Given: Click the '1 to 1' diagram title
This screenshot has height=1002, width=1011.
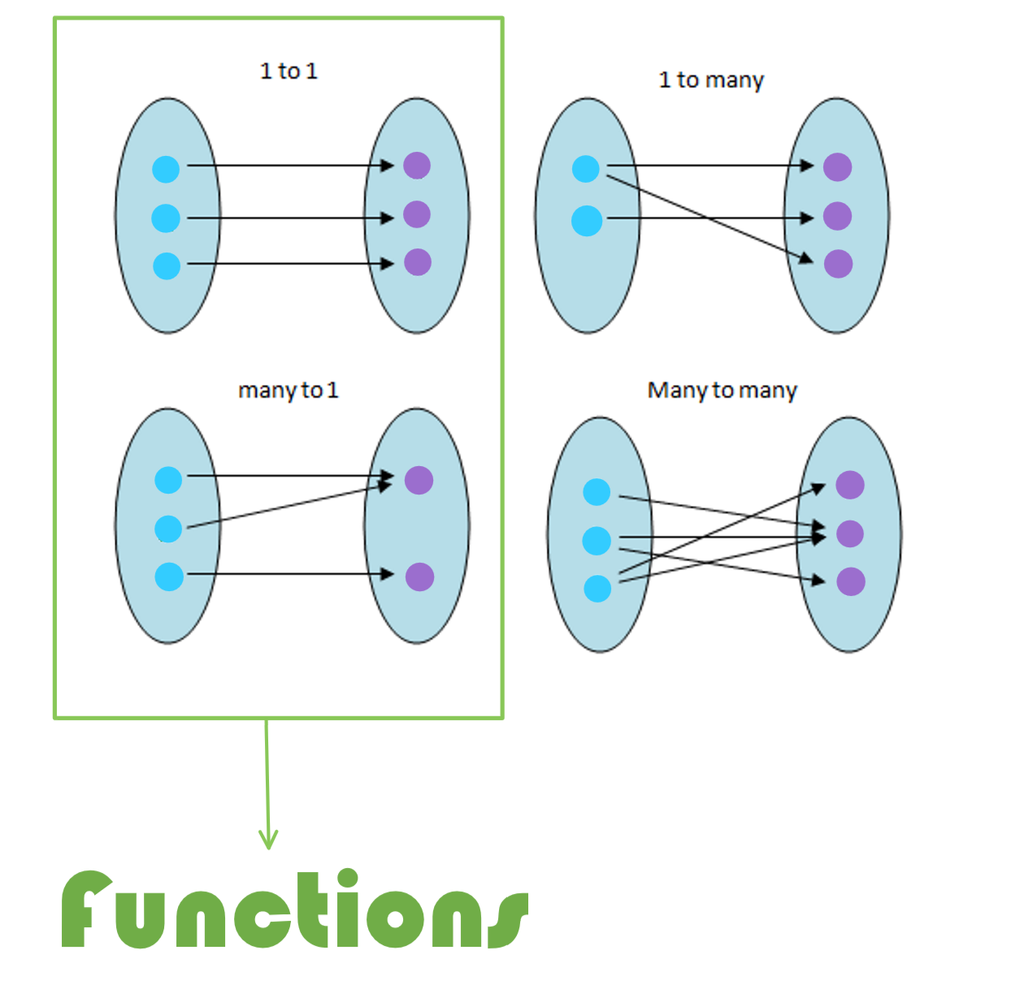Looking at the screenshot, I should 289,71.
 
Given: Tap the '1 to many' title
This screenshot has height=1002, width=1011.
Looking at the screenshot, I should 711,80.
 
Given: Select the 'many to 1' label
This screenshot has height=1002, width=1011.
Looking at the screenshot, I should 288,391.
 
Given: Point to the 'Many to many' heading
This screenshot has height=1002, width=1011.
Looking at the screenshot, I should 722,391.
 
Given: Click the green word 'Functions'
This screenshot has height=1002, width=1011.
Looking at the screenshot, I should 295,909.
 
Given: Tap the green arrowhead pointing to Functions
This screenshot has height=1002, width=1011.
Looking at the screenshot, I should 268,840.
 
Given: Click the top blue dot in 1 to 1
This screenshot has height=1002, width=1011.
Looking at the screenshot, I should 166,170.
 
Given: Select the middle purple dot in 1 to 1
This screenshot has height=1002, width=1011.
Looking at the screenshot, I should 417,214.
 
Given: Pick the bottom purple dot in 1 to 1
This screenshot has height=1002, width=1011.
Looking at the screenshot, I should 418,262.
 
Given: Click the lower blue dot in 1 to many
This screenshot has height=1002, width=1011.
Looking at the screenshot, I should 587,221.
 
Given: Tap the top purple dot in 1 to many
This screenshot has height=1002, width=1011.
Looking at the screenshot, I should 837,167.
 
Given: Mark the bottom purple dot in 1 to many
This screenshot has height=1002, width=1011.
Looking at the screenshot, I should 838,264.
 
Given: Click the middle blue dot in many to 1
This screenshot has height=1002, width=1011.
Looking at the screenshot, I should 168,529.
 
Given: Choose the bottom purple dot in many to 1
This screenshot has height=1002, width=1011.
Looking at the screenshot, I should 419,577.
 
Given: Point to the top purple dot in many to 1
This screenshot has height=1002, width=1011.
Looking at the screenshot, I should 419,480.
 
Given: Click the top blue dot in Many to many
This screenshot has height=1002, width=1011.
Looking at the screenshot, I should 597,491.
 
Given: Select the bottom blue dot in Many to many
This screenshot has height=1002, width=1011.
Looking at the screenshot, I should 597,589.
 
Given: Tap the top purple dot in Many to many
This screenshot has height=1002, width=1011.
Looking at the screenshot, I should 850,485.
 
